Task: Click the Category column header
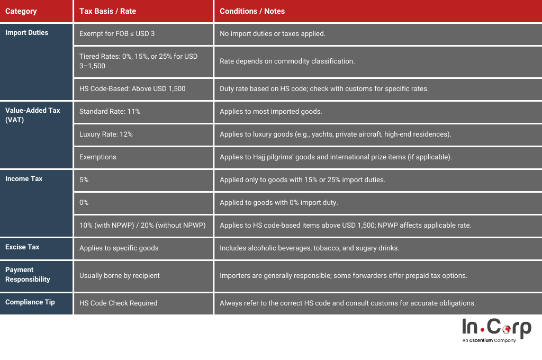click(21, 11)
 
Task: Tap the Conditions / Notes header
click(252, 11)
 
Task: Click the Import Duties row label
click(26, 33)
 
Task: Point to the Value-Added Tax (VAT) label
click(32, 115)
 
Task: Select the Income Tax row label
click(24, 179)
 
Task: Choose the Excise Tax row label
click(22, 247)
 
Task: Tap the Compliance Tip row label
click(30, 302)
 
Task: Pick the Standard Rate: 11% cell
click(110, 112)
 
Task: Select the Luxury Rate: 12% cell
click(106, 134)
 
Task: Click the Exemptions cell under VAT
click(97, 157)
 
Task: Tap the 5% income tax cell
click(84, 180)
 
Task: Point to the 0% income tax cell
click(84, 203)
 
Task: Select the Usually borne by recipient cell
click(119, 276)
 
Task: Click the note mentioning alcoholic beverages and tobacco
click(309, 248)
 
